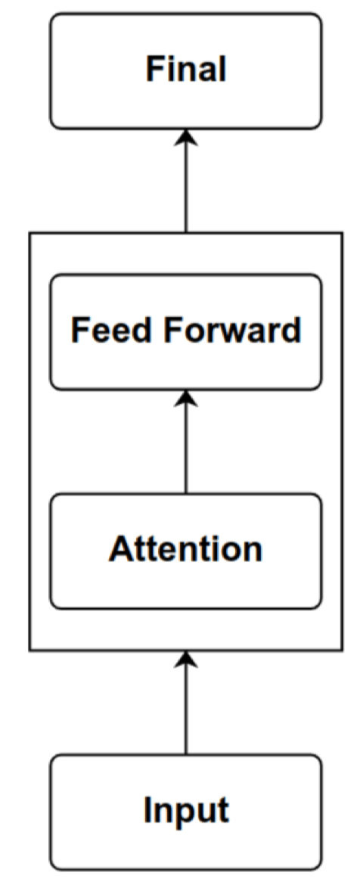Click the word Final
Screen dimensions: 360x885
tap(185, 70)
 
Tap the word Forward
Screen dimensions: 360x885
tap(232, 331)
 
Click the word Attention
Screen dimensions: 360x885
tap(185, 548)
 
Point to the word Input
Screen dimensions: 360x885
tap(185, 811)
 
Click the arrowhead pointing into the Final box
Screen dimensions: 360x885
tap(185, 136)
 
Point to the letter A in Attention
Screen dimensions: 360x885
tap(121, 548)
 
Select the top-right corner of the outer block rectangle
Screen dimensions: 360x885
tap(342, 232)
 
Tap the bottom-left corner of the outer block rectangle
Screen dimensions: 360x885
tap(30, 651)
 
